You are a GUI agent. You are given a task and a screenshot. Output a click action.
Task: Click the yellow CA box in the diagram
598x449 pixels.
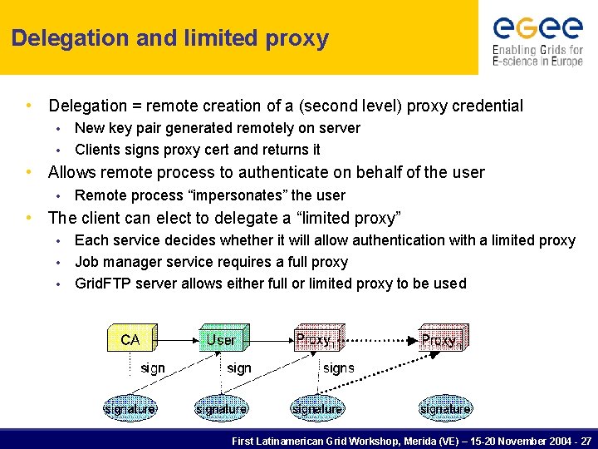tap(130, 339)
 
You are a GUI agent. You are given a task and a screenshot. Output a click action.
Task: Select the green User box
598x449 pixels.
tap(221, 339)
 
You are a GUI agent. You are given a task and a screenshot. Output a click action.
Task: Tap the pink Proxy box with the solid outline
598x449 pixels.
tap(317, 339)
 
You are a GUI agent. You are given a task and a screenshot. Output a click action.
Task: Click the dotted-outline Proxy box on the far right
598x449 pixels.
tap(443, 339)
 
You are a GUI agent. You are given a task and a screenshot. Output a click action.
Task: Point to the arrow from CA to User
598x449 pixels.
tap(174, 339)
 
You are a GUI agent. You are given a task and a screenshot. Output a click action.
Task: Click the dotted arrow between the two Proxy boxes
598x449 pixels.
tap(378, 339)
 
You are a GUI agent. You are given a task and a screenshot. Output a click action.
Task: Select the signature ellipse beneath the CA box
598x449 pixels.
tap(130, 408)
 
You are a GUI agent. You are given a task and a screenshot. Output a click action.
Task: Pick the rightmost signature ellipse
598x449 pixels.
tap(445, 408)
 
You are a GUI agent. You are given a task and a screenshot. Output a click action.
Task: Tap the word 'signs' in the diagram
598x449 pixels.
tap(338, 368)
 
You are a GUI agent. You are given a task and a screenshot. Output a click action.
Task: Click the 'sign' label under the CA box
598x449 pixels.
tap(153, 368)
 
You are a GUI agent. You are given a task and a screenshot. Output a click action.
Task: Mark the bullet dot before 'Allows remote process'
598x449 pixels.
tap(30, 172)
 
